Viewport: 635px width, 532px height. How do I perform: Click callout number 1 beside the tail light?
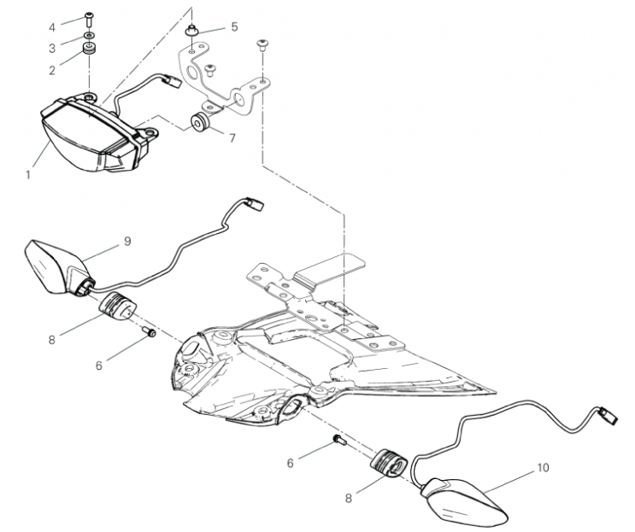click(28, 175)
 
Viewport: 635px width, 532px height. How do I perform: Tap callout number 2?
click(52, 70)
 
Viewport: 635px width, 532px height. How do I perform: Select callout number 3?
click(52, 49)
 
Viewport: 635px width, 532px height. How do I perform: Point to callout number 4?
click(52, 27)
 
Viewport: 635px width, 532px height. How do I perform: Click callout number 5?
click(234, 27)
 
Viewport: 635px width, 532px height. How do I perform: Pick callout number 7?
click(232, 138)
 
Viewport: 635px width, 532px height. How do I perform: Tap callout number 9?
click(127, 242)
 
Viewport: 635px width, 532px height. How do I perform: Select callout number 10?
click(543, 468)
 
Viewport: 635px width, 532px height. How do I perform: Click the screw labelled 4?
click(89, 17)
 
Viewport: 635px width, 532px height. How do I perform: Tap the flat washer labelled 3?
click(89, 36)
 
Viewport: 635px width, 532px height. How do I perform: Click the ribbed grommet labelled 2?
click(89, 49)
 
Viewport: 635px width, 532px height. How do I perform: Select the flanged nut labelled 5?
click(191, 31)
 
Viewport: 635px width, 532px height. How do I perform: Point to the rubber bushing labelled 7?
click(200, 123)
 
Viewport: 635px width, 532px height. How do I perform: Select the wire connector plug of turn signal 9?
click(256, 203)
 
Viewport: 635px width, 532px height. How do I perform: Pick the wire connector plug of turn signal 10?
click(609, 415)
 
